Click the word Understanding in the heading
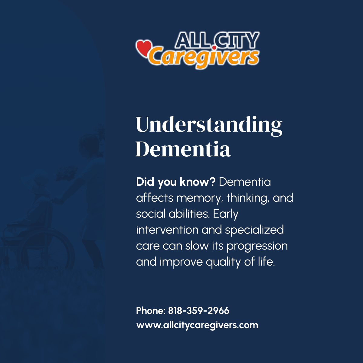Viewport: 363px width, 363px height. pyautogui.click(x=209, y=125)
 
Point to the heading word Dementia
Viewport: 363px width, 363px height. pyautogui.click(x=183, y=149)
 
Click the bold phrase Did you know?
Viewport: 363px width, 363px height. pyautogui.click(x=175, y=182)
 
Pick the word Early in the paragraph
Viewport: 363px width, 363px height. pyautogui.click(x=226, y=214)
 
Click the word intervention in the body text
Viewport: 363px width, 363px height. pyautogui.click(x=167, y=230)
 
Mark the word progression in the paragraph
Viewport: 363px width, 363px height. pyautogui.click(x=257, y=246)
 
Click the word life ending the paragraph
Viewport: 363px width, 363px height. pyautogui.click(x=266, y=262)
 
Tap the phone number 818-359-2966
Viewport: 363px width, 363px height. pyautogui.click(x=199, y=311)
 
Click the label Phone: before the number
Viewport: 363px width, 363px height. pyautogui.click(x=151, y=311)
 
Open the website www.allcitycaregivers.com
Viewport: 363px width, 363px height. pyautogui.click(x=197, y=325)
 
